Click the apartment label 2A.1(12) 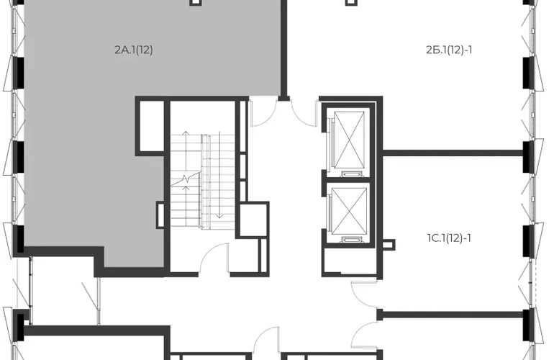[x=134, y=50]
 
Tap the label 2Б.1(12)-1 [x=449, y=50]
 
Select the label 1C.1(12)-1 [x=449, y=238]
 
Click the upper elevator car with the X [x=349, y=140]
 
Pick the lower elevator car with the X [x=349, y=211]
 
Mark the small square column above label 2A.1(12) [x=196, y=2]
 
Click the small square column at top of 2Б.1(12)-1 [x=351, y=2]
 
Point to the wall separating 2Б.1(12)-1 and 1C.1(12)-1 [x=453, y=153]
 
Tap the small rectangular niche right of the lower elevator [x=389, y=245]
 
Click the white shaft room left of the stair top [x=150, y=126]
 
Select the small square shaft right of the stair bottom [x=253, y=220]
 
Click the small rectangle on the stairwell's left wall [x=160, y=215]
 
